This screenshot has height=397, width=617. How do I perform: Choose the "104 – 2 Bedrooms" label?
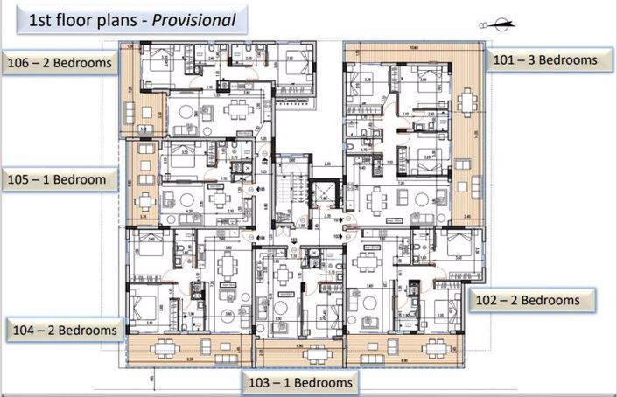(62, 330)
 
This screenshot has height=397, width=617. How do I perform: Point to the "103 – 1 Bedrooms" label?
(301, 382)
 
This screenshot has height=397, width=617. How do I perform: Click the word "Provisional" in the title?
(193, 19)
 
